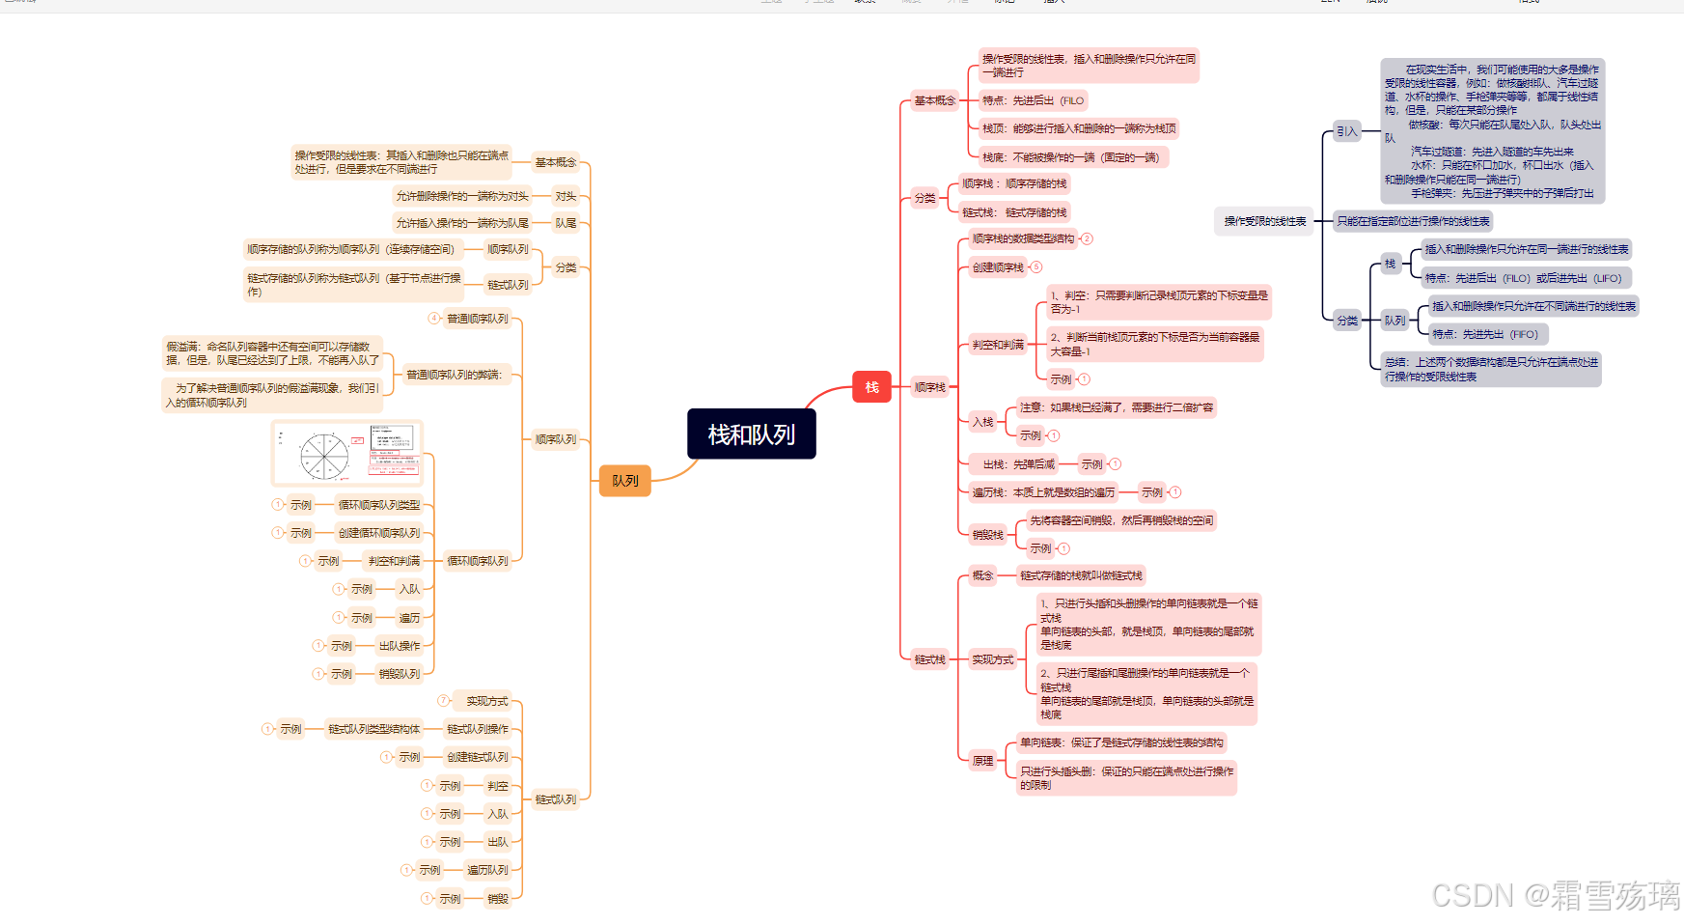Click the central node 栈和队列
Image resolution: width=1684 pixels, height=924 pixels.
tap(751, 434)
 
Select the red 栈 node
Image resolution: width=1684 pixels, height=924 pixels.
tap(871, 387)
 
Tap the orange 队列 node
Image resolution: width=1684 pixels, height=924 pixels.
tap(624, 480)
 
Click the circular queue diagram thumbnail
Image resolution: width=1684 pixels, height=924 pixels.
tap(348, 453)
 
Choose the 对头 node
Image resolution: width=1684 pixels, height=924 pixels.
tap(566, 196)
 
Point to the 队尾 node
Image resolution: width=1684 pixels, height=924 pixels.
tap(566, 223)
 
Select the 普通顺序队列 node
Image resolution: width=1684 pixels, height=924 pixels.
tap(477, 319)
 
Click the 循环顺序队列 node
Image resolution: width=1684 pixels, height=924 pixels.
tap(477, 561)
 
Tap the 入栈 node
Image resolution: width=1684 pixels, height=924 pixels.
tap(982, 422)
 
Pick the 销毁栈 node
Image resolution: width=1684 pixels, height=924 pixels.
tap(987, 535)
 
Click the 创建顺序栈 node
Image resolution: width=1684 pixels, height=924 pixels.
tap(998, 267)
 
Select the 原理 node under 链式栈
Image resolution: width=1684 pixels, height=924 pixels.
tap(982, 761)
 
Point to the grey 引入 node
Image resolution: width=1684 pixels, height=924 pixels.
tap(1346, 131)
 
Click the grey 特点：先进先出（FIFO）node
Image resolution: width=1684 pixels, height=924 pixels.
tap(1485, 334)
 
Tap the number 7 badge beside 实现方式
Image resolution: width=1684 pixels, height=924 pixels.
tap(443, 700)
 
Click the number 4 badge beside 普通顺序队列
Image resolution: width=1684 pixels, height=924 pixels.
tap(433, 318)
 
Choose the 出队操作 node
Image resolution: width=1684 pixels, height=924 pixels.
tap(399, 646)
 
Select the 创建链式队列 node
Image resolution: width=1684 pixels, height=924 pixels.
tap(477, 757)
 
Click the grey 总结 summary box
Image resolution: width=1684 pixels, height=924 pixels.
tap(1491, 369)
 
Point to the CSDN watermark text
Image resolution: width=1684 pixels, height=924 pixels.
tap(1555, 896)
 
